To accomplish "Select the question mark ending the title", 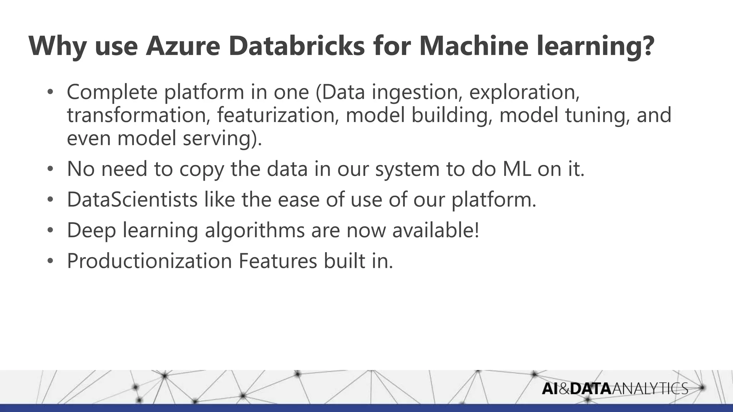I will tap(647, 46).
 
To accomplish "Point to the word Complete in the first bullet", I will tap(112, 92).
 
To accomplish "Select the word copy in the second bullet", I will tap(202, 170).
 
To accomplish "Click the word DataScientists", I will tap(132, 200).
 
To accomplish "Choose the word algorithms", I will tap(254, 230).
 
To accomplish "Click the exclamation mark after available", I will tap(476, 230).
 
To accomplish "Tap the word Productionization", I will tap(150, 261).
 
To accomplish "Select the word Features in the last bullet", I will tap(278, 261).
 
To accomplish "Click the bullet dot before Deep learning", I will tap(50, 231).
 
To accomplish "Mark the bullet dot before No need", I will tap(50, 169).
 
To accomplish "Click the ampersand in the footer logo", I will tap(564, 388).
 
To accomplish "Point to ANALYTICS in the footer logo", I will tap(650, 388).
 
